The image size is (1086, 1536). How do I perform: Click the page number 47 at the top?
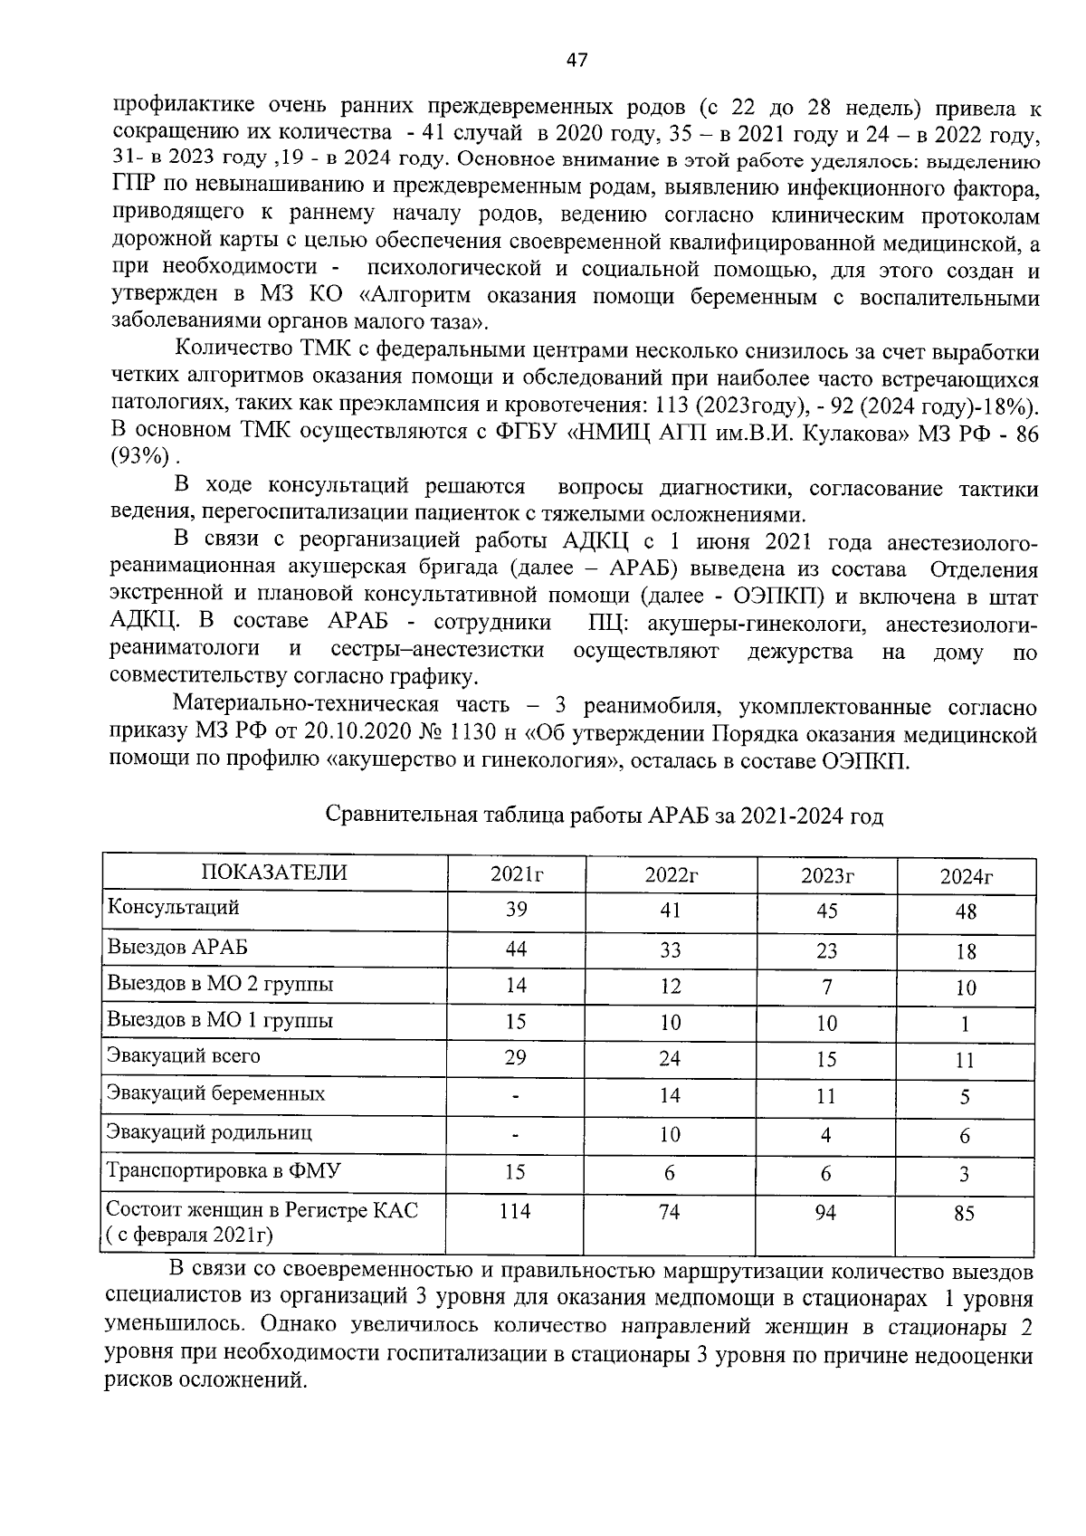(576, 61)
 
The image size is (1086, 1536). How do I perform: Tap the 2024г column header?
(966, 876)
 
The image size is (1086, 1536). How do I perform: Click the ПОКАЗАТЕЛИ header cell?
(273, 872)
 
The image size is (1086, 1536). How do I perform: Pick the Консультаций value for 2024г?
(966, 912)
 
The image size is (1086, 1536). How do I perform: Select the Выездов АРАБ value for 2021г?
(516, 949)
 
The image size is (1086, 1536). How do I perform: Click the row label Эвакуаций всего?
(184, 1055)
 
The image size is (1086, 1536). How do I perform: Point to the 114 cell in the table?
(515, 1211)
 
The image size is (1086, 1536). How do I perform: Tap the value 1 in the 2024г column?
(965, 1025)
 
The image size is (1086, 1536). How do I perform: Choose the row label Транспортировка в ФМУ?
(224, 1170)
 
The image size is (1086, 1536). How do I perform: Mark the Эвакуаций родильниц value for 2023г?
(826, 1135)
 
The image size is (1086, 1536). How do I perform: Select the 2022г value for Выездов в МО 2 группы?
(670, 986)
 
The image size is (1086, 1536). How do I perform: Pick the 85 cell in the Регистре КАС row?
(965, 1213)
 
